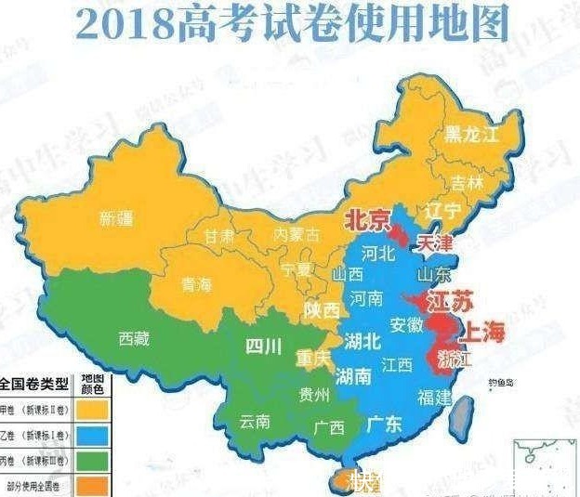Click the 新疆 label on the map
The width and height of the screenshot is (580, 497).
point(116,219)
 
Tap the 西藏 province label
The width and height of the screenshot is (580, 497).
point(134,339)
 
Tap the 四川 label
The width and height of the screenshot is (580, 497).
point(263,347)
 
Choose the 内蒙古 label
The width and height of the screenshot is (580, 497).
point(296,234)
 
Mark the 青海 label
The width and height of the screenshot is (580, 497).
point(195,286)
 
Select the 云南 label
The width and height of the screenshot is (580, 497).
point(255,422)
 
